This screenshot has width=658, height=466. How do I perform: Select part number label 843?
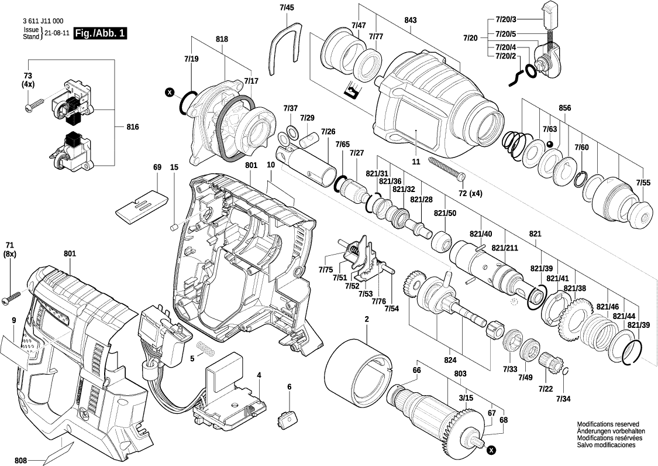pos(410,20)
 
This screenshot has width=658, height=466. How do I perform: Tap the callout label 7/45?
pos(287,7)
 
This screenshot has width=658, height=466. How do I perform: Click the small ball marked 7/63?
pos(550,144)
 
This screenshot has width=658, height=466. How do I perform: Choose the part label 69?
pos(157,167)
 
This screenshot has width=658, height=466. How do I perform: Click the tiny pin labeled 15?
pos(173,225)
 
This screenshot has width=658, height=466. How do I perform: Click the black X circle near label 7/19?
pos(170,92)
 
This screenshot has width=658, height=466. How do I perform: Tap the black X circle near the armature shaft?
pos(491,450)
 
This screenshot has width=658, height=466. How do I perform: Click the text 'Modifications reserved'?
pos(608,424)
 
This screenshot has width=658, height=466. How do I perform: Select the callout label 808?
pos(21,460)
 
